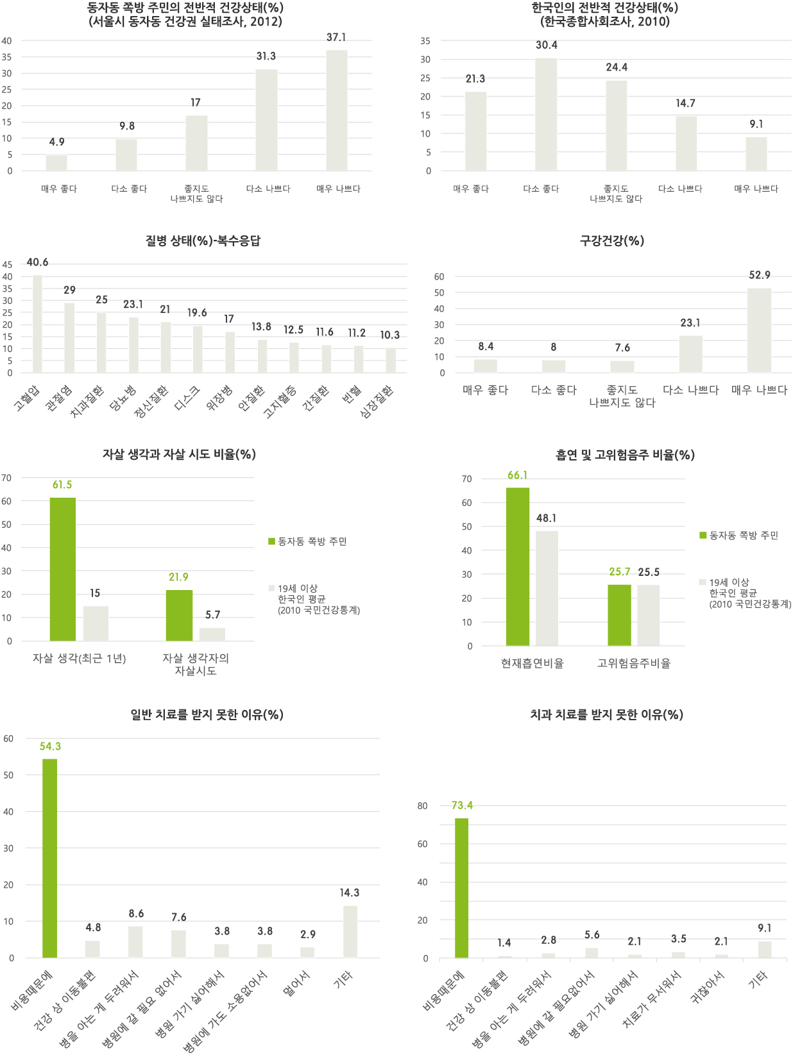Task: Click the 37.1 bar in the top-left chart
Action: [336, 110]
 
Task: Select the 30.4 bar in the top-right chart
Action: [547, 114]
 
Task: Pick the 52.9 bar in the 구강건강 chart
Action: [760, 330]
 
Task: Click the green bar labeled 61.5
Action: [63, 570]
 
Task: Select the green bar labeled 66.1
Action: [518, 566]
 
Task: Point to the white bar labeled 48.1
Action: [547, 587]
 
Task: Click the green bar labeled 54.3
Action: [49, 858]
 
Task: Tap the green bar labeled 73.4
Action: [461, 888]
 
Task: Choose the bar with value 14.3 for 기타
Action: [350, 931]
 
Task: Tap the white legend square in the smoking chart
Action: [703, 582]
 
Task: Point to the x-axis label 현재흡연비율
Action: [532, 664]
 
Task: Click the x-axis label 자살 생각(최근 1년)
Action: [79, 659]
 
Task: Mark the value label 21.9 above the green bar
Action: [178, 577]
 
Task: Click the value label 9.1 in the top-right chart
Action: [756, 124]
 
